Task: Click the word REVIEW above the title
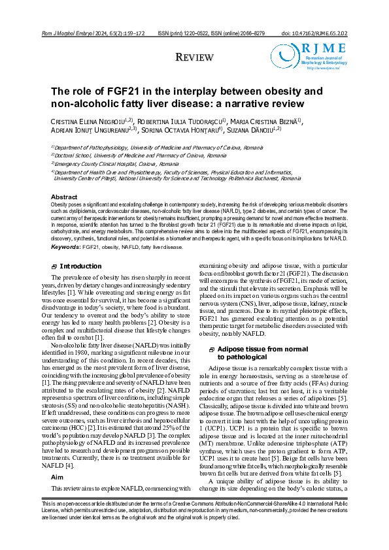[194, 59]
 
